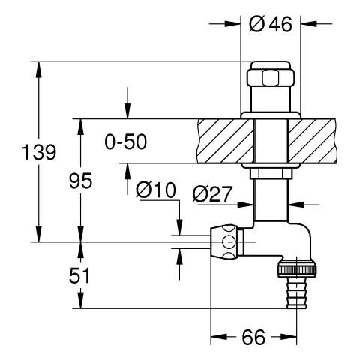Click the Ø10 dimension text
pos(156,192)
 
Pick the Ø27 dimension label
pos(212,193)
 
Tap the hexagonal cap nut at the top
pos(271,79)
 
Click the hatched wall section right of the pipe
pos(315,140)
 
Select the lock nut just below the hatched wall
pos(271,174)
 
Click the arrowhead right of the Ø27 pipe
pos(293,202)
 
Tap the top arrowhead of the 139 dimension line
pos(38,66)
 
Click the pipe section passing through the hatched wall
pos(271,140)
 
